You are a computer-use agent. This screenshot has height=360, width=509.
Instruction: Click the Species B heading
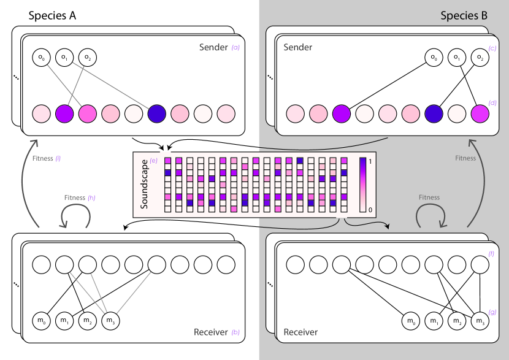tap(464, 16)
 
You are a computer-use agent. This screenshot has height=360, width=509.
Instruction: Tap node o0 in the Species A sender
tap(41, 58)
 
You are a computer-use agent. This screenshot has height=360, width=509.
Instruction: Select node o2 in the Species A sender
tap(88, 58)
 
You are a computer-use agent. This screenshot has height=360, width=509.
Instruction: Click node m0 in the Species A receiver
tap(41, 320)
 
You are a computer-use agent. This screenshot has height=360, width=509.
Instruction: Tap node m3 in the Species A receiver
tap(110, 320)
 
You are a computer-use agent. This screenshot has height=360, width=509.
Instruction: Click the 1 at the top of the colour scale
tap(371, 161)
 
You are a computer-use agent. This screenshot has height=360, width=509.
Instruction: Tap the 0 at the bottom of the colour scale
tap(371, 210)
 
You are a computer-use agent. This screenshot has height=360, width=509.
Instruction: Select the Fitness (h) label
tap(80, 197)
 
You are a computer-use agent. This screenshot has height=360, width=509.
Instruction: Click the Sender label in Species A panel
tap(213, 47)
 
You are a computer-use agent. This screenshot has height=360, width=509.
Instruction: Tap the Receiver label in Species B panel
tap(300, 332)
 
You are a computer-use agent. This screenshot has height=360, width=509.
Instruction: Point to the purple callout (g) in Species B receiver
tap(492, 312)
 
